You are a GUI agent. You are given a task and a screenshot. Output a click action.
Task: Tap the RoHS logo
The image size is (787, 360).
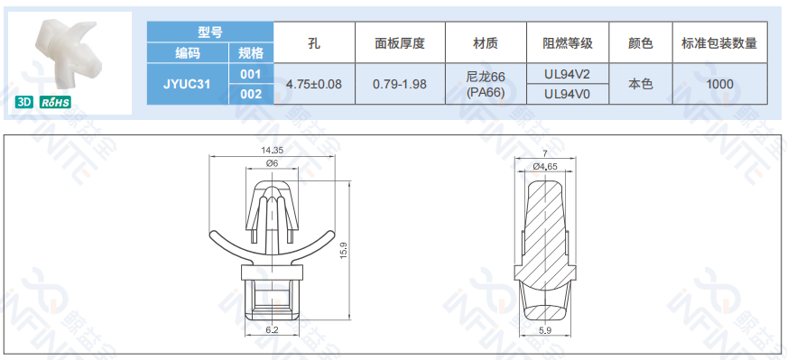[55, 102]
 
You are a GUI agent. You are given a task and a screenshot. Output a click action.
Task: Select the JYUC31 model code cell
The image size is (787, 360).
[187, 84]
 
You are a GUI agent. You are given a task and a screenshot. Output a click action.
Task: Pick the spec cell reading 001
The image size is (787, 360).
[251, 74]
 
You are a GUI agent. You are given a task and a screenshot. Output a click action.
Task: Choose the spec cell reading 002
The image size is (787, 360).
[251, 94]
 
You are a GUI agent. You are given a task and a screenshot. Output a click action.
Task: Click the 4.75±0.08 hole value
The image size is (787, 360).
[314, 84]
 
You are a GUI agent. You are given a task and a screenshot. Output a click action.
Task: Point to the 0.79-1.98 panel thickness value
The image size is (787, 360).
[400, 84]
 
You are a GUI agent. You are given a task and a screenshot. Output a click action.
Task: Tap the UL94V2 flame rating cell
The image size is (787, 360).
[567, 74]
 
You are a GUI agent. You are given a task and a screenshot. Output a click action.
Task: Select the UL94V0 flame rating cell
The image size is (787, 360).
[567, 95]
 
